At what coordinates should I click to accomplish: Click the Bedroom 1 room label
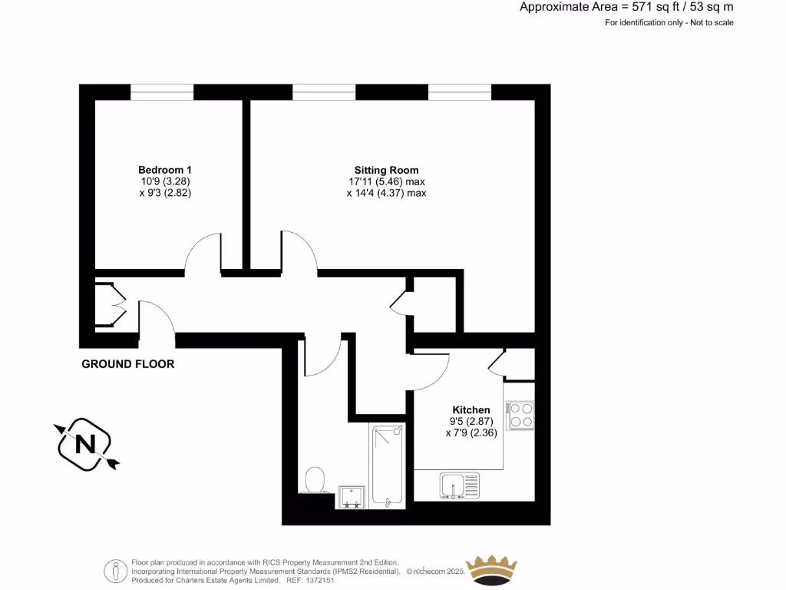[164, 170]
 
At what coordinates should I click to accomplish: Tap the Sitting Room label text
[386, 170]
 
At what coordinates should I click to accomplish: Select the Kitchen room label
[471, 410]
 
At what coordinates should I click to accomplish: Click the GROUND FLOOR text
[128, 364]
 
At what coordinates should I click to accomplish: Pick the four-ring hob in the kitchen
[520, 416]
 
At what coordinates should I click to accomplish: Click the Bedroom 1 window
[162, 92]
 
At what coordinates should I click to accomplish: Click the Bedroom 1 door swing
[203, 254]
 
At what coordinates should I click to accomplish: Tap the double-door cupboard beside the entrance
[110, 306]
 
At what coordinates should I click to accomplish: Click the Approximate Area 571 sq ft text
[626, 7]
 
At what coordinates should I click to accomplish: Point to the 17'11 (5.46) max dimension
[386, 182]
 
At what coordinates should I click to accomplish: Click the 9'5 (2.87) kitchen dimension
[471, 422]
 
